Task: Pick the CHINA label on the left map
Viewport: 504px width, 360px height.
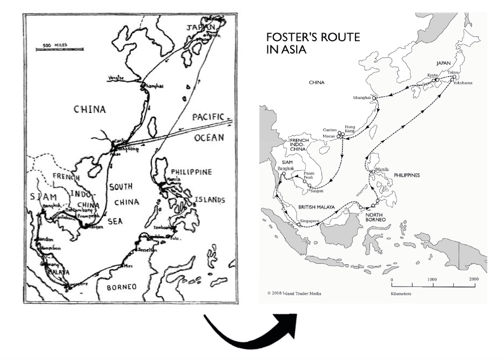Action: pyautogui.click(x=90, y=110)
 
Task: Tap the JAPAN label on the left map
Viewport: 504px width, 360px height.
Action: pyautogui.click(x=201, y=27)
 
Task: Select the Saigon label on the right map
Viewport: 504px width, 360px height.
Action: pyautogui.click(x=318, y=190)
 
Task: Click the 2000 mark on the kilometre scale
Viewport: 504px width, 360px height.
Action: pyautogui.click(x=474, y=279)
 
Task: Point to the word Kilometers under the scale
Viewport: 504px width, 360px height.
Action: pyautogui.click(x=403, y=294)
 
